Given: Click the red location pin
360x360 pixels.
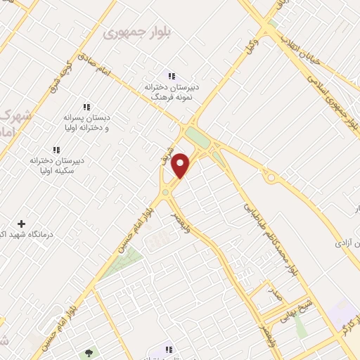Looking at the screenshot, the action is coord(181,165).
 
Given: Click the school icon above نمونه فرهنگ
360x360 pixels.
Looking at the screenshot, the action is coord(171,76).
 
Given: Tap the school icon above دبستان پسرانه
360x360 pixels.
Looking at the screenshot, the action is coord(86,107).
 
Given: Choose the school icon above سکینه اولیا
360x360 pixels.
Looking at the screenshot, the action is coord(56,150).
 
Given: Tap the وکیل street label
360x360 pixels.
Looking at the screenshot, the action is coord(249,45).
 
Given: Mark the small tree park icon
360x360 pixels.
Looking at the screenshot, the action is coord(88,353).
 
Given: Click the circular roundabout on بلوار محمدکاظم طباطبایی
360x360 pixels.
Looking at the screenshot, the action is coord(270,178).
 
